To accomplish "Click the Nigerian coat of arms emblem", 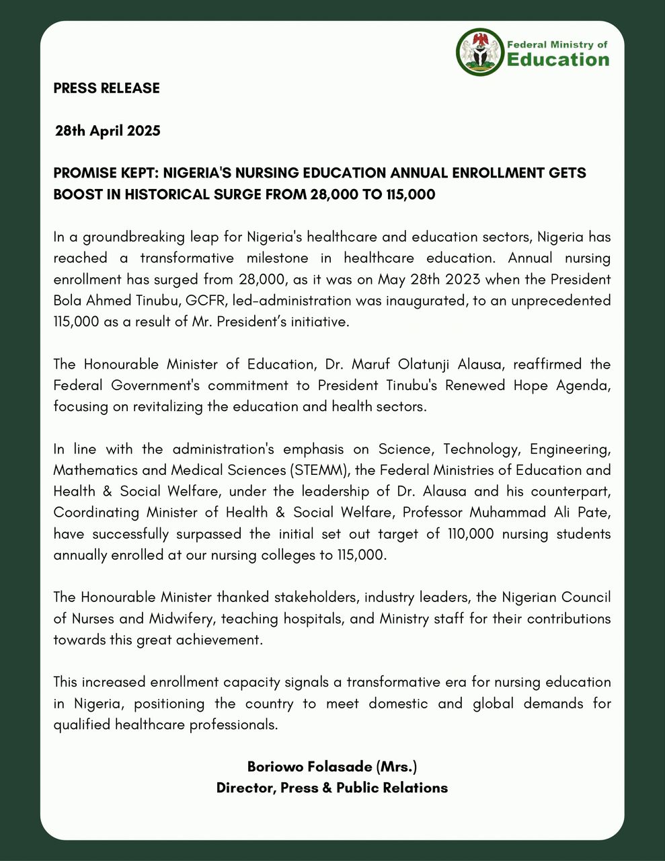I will click(x=480, y=52).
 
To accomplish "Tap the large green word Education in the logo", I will click(x=557, y=61).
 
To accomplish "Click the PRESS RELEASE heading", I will click(x=106, y=88).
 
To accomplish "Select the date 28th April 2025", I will click(x=108, y=130).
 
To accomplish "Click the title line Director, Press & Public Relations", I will click(x=332, y=788).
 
